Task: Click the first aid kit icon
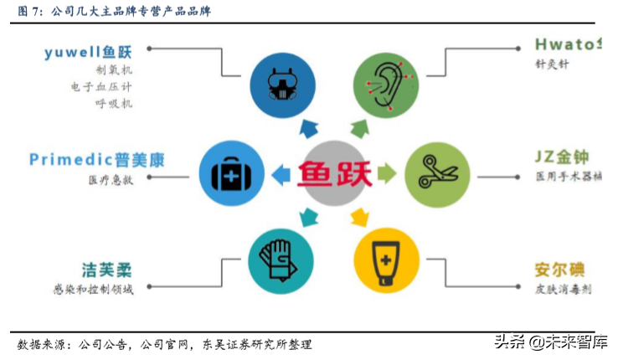pyautogui.click(x=227, y=175)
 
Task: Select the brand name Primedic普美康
pyautogui.click(x=96, y=158)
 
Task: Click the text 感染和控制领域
pyautogui.click(x=91, y=289)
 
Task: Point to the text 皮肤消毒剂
pyautogui.click(x=564, y=290)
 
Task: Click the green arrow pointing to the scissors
pyautogui.click(x=386, y=174)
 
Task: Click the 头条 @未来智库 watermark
pyautogui.click(x=550, y=342)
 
